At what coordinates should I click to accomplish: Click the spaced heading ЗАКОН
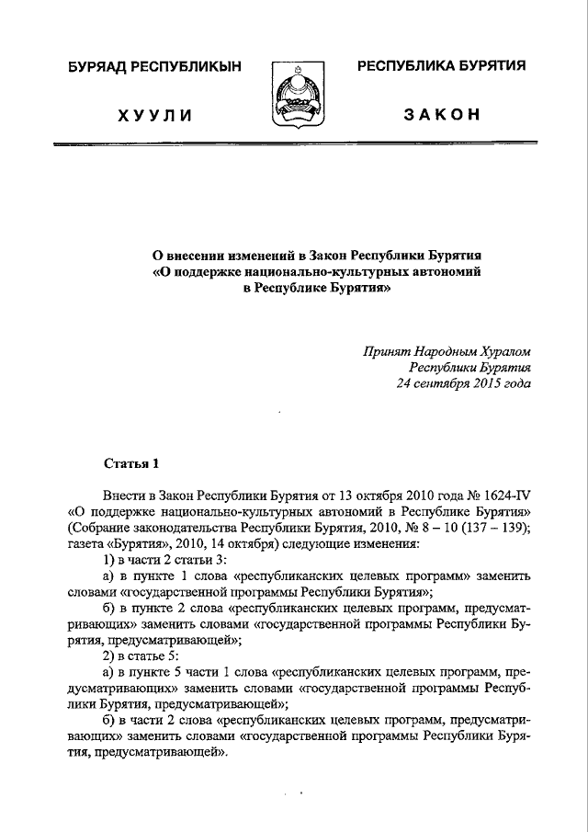coord(441,115)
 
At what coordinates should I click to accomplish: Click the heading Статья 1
coord(130,463)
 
